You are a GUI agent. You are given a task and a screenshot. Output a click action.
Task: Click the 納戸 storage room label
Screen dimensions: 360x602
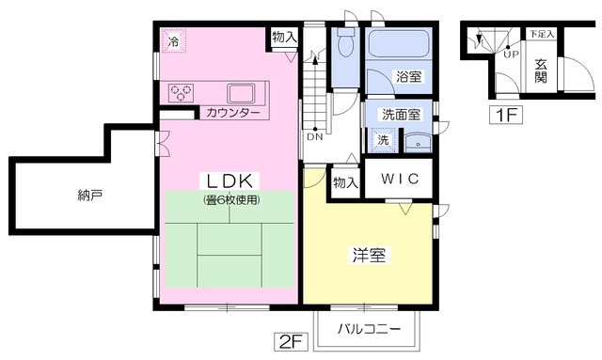coord(90,196)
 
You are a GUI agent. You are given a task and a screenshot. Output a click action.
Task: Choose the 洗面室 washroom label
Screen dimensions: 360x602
coord(401,115)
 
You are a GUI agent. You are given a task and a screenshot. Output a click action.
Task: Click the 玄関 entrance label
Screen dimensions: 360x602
coord(541,71)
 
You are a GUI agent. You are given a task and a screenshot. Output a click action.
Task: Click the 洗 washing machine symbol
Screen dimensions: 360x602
coord(383,140)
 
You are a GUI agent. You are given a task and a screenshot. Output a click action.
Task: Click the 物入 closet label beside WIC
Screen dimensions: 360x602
coord(345,182)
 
